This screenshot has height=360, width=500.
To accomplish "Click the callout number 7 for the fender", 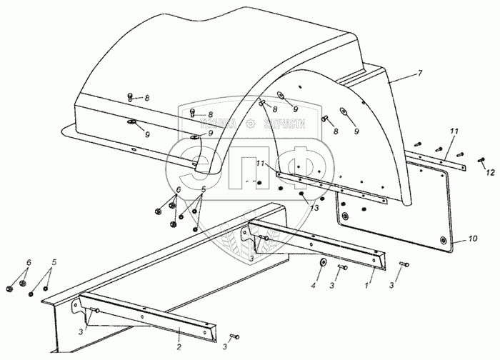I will [x=420, y=74].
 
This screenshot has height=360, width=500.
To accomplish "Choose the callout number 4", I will [x=312, y=286].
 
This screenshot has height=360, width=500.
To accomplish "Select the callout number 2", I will [x=179, y=328].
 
